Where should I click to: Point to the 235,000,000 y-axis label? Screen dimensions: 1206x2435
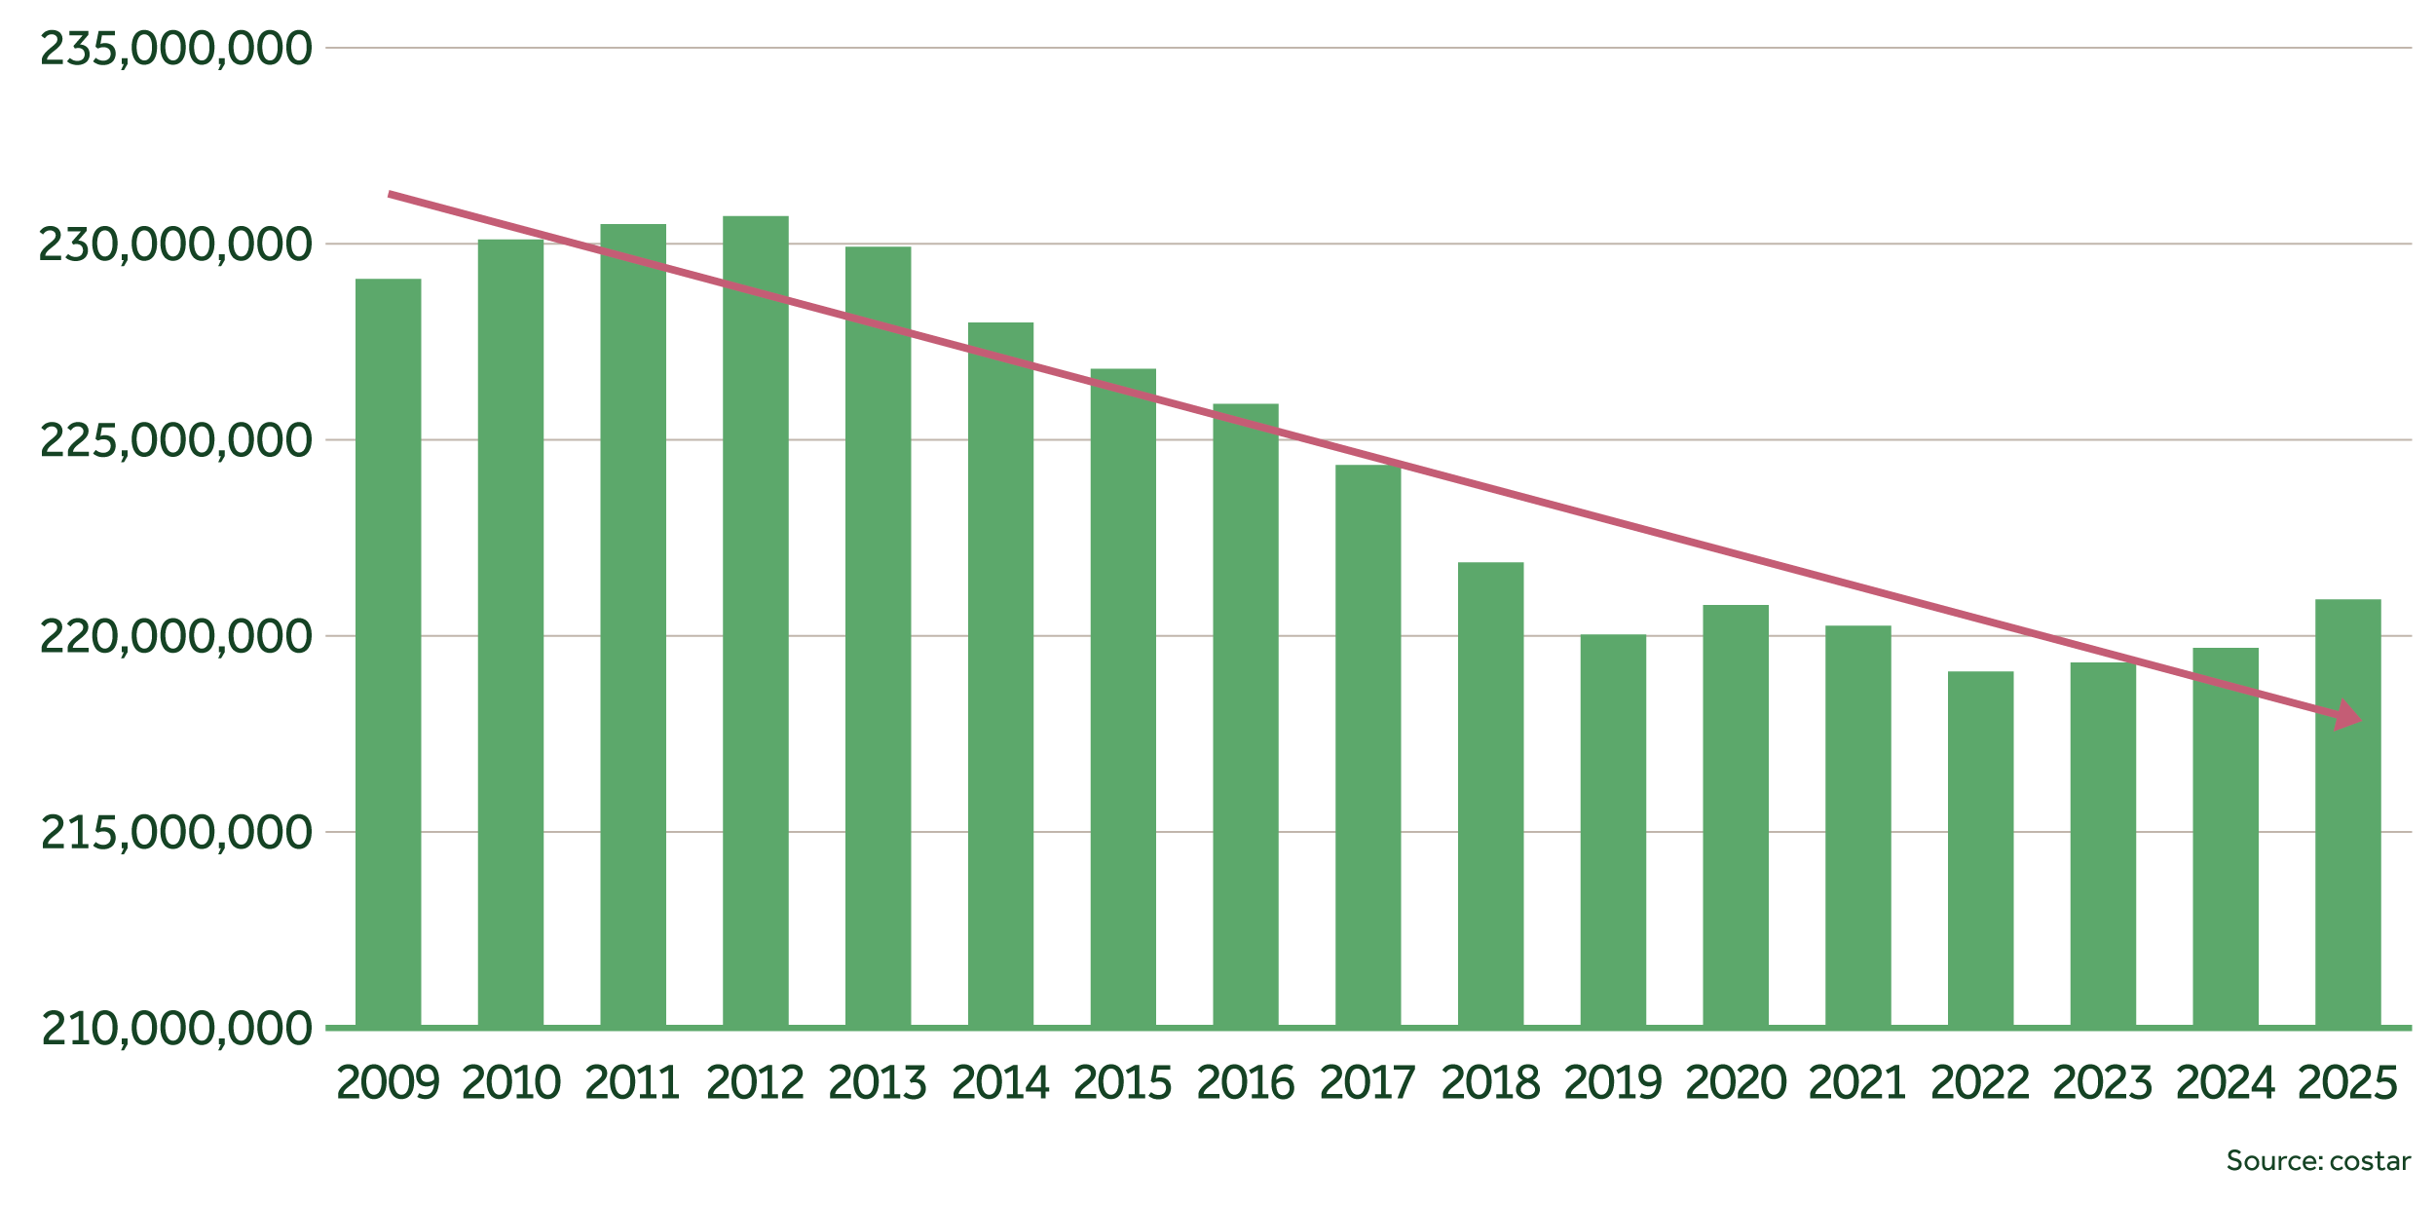(x=176, y=49)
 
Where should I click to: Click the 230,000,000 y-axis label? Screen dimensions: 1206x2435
(x=176, y=245)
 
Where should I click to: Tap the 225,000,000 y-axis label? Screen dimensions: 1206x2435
(x=176, y=441)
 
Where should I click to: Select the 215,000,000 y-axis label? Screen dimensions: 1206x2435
(x=176, y=833)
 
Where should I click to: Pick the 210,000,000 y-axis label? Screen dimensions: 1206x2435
(x=176, y=1029)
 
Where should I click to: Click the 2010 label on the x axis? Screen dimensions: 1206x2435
(x=510, y=1083)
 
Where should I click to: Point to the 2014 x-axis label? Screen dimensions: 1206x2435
(x=1000, y=1083)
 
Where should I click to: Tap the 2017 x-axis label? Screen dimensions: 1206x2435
(x=1367, y=1083)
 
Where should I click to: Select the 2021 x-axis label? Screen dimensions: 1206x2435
(x=1857, y=1083)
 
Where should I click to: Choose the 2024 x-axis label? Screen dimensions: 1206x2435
(x=2225, y=1083)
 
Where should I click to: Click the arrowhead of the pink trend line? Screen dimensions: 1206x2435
(x=2348, y=716)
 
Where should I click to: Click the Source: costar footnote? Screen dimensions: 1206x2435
(x=2318, y=1161)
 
